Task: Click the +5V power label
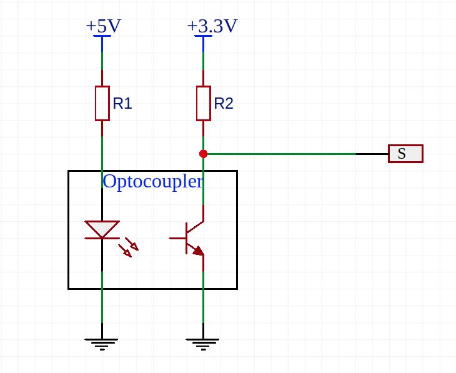pyautogui.click(x=103, y=26)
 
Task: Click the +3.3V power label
pyautogui.click(x=212, y=26)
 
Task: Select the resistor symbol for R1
pyautogui.click(x=102, y=103)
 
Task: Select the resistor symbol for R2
pyautogui.click(x=203, y=103)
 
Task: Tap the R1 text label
pyautogui.click(x=122, y=104)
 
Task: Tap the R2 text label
pyautogui.click(x=224, y=104)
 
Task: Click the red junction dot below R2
pyautogui.click(x=203, y=154)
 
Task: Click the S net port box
pyautogui.click(x=405, y=154)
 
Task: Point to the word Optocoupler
pyautogui.click(x=152, y=182)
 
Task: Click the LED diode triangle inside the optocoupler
pyautogui.click(x=102, y=229)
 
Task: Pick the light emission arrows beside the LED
pyautogui.click(x=129, y=247)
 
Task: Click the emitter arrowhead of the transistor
pyautogui.click(x=198, y=251)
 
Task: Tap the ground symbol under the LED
pyautogui.click(x=101, y=343)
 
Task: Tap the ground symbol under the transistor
pyautogui.click(x=202, y=343)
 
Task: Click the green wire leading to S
pyautogui.click(x=281, y=154)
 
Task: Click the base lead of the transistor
pyautogui.click(x=177, y=238)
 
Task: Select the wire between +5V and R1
pyautogui.click(x=102, y=69)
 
